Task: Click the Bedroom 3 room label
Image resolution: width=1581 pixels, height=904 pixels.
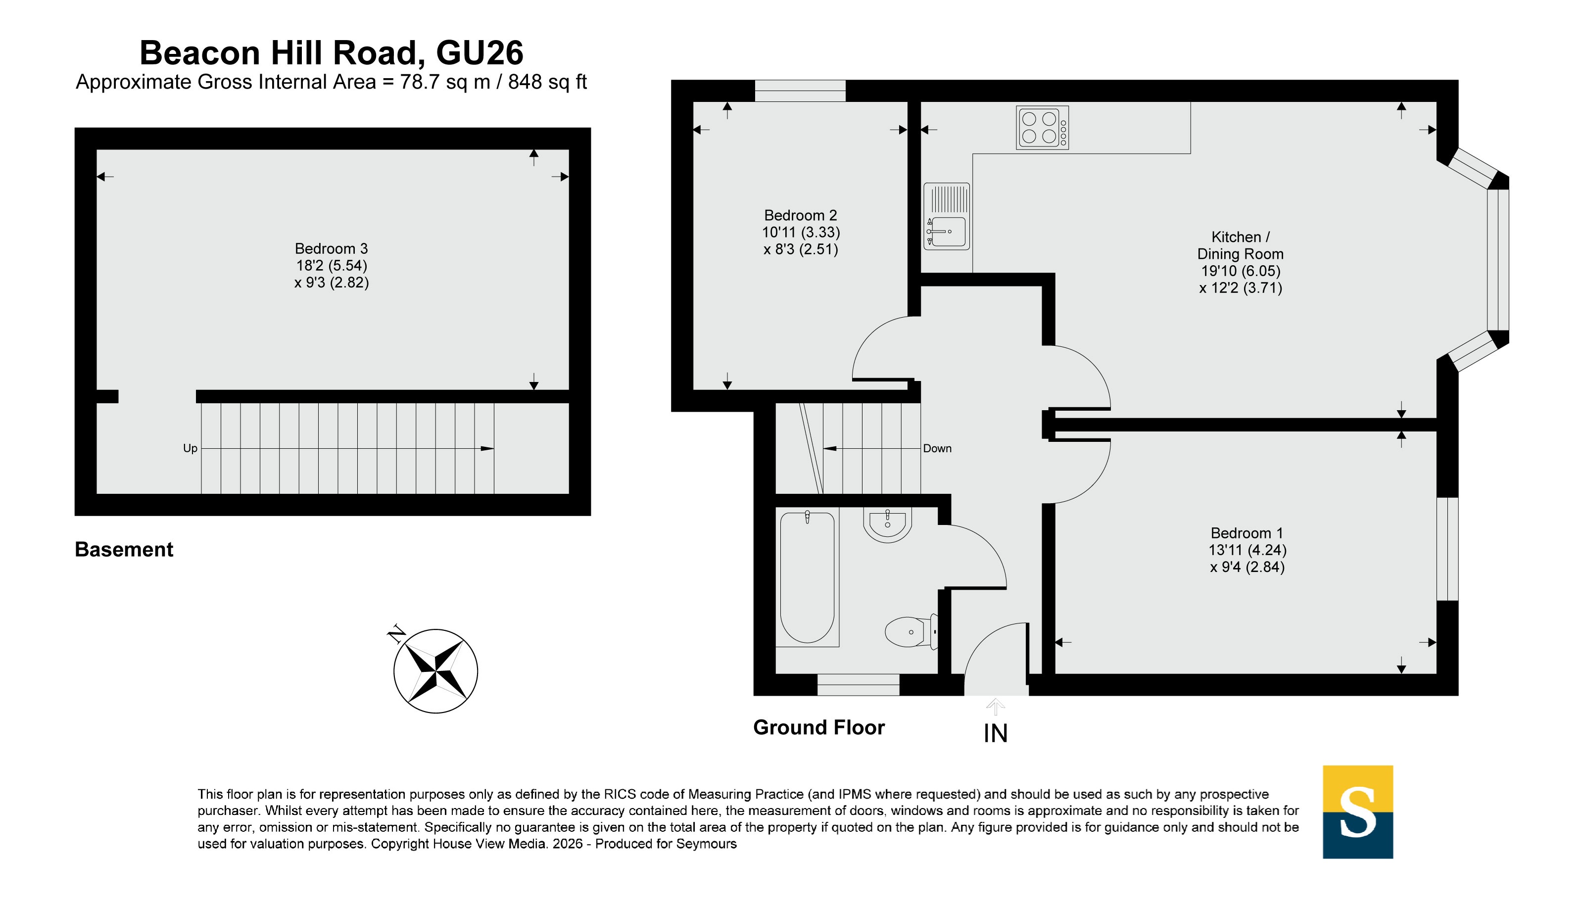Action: point(332,248)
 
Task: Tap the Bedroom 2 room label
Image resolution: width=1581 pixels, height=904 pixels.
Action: point(800,215)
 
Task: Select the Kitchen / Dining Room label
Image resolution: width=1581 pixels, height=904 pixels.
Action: point(1240,245)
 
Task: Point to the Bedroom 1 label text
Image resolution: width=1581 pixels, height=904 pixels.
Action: point(1246,533)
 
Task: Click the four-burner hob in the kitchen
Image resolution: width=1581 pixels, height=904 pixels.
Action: point(1042,127)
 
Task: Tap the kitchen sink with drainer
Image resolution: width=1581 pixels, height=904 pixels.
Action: point(946,216)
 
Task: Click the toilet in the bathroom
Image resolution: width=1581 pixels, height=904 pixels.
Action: point(911,632)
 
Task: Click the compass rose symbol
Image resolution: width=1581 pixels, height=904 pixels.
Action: point(436,671)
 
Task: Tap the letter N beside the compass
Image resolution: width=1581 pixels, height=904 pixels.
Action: point(396,634)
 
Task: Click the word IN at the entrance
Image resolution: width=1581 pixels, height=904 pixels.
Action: point(995,734)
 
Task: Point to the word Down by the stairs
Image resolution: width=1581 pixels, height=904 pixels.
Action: point(937,448)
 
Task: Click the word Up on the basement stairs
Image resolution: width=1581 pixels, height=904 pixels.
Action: point(190,448)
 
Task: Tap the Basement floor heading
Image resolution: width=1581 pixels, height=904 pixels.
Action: point(124,550)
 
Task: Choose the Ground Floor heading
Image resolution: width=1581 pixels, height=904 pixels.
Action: point(819,727)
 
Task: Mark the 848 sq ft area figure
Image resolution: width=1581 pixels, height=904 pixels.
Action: point(547,82)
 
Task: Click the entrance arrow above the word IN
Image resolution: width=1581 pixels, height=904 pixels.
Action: point(995,707)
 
